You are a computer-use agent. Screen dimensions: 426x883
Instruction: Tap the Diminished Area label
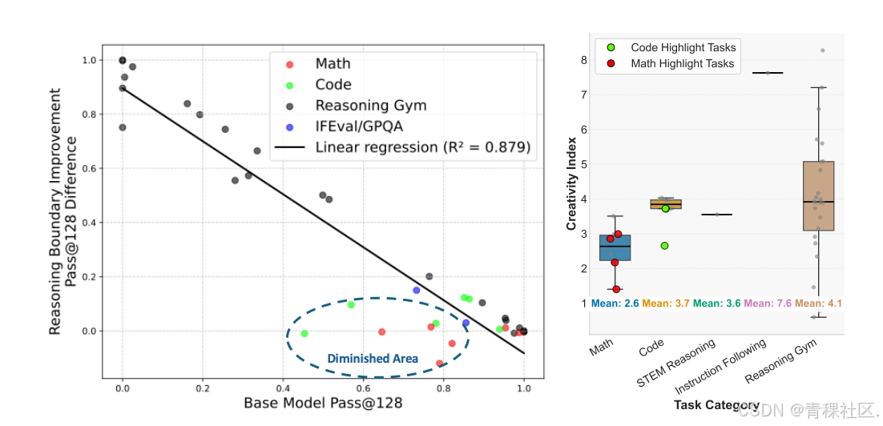(373, 359)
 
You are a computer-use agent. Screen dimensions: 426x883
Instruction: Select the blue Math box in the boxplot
(615, 247)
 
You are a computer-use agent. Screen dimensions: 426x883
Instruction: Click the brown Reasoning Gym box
(818, 196)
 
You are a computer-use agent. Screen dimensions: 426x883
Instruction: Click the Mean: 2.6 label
(615, 303)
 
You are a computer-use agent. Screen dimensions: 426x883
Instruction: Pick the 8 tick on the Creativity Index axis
(584, 60)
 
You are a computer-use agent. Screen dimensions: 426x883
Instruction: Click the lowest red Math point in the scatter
(439, 364)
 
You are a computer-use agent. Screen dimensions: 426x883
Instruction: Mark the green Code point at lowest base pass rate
(304, 333)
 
